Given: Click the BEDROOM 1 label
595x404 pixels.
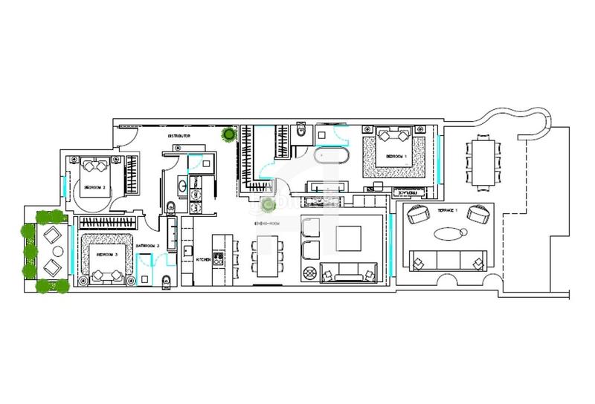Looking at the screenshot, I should click(x=396, y=157).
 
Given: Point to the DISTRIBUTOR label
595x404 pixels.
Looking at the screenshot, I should click(x=180, y=137).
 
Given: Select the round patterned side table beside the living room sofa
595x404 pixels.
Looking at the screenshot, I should click(x=309, y=273).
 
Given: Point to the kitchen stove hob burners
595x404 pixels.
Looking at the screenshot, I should click(x=219, y=258).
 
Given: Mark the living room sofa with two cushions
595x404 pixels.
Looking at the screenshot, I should click(x=353, y=272).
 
